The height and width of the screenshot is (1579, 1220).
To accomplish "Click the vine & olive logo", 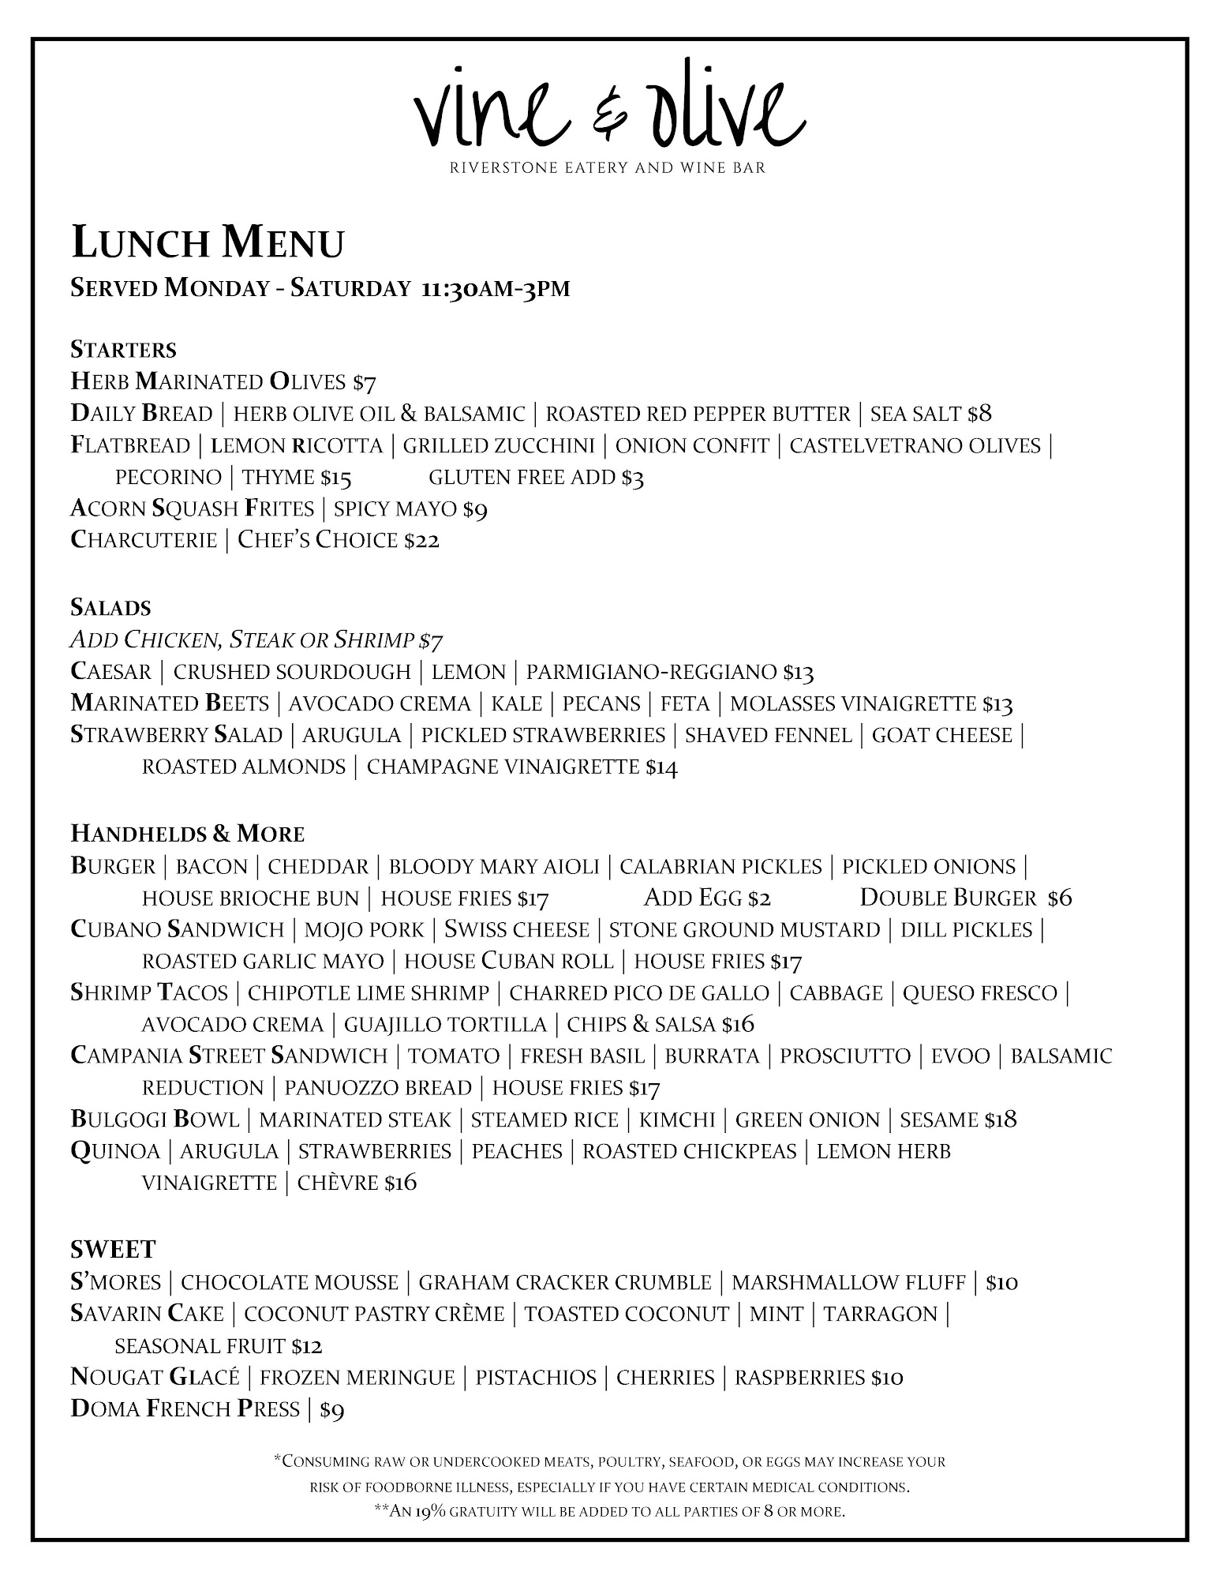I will click(x=609, y=111).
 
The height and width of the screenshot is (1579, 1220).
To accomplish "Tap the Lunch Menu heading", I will click(x=208, y=243).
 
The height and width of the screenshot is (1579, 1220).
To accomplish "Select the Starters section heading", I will click(x=123, y=350).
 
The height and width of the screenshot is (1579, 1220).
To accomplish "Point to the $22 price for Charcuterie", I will click(x=421, y=541).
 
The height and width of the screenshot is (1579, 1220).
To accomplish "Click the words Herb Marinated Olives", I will click(x=208, y=383).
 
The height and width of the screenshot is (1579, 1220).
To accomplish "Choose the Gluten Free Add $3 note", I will click(x=536, y=478).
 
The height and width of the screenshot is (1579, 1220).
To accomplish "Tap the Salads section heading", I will click(x=110, y=608).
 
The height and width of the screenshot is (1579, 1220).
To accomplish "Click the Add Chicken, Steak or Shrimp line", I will click(x=261, y=639).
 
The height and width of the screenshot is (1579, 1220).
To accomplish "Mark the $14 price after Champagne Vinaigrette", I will click(x=661, y=767).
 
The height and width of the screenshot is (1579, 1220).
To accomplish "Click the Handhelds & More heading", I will click(x=187, y=835).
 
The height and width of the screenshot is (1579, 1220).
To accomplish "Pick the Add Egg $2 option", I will click(x=707, y=898).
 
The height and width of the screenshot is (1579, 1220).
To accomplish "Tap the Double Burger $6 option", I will click(x=965, y=898).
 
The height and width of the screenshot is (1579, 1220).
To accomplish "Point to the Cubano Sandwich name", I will click(x=177, y=930).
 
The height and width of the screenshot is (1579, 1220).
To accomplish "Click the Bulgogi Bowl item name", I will click(x=155, y=1120).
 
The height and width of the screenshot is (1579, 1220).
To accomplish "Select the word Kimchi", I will click(x=677, y=1120).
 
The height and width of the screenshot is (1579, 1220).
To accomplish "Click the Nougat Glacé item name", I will click(x=155, y=1378).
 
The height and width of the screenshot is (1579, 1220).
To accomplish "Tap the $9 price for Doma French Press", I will click(x=331, y=1410).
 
